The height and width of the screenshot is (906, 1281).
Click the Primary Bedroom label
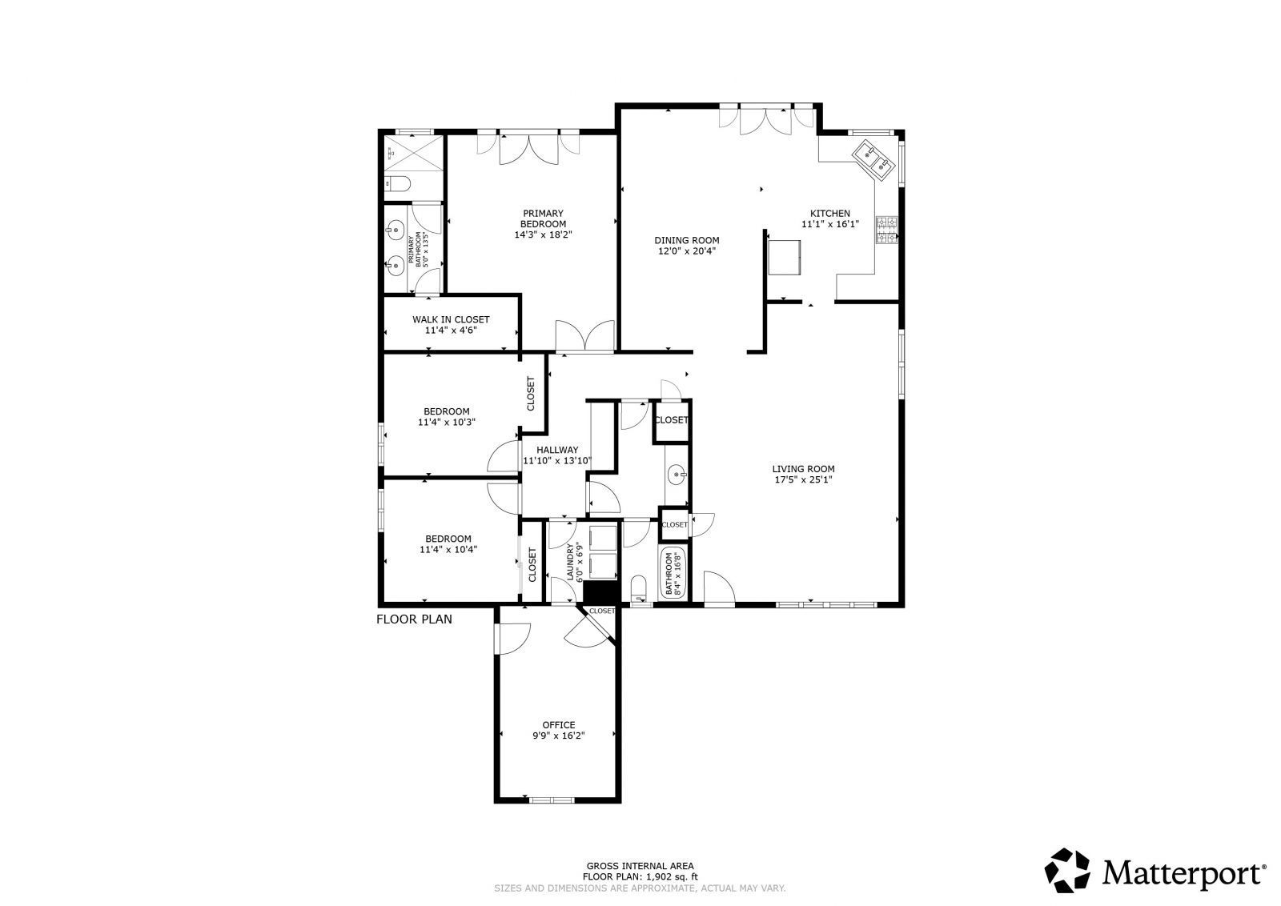[543, 218]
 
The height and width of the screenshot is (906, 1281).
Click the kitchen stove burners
[887, 230]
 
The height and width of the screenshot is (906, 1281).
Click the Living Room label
[803, 469]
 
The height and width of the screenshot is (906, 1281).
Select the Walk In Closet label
[451, 319]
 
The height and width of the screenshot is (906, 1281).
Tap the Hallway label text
[557, 450]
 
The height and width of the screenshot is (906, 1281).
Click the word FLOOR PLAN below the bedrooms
[414, 619]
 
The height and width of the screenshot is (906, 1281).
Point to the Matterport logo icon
[1069, 870]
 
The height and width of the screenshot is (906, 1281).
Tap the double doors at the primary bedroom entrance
[584, 335]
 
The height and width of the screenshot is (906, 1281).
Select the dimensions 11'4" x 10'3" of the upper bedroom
[447, 422]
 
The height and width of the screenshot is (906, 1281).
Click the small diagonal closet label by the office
[601, 611]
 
